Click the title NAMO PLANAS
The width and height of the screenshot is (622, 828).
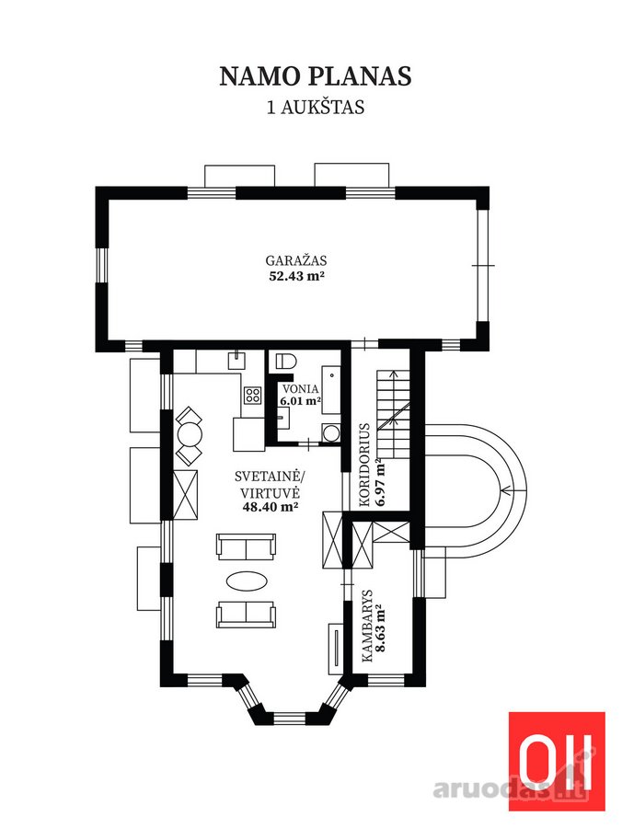(316, 76)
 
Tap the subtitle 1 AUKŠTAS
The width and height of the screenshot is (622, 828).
(316, 108)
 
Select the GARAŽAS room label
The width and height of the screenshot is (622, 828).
(296, 260)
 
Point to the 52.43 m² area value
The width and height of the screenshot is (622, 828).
(296, 276)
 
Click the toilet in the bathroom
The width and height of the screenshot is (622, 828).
(285, 361)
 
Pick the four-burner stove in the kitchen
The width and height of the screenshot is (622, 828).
(252, 395)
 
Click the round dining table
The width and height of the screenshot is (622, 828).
(189, 436)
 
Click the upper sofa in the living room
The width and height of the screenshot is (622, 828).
(246, 546)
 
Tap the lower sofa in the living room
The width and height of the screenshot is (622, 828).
(246, 614)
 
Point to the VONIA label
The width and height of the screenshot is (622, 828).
(301, 389)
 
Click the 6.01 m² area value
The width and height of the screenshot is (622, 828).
(301, 401)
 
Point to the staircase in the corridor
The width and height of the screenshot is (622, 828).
(394, 415)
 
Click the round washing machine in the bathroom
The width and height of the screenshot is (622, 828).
(331, 433)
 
